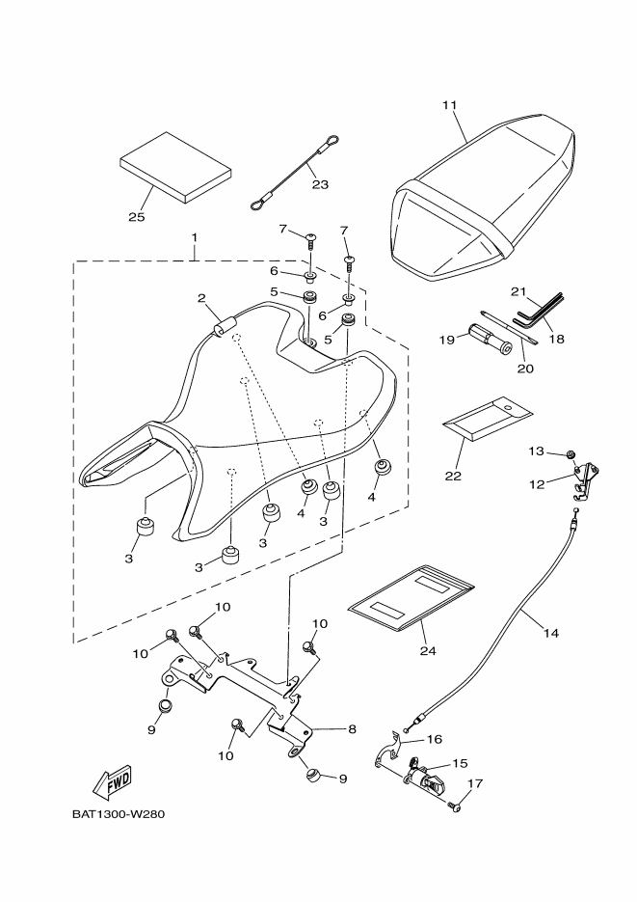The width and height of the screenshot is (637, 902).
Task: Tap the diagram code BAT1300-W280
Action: (x=119, y=813)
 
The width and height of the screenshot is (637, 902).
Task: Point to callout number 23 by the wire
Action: (x=320, y=184)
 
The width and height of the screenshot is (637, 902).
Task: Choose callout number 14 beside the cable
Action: (x=550, y=634)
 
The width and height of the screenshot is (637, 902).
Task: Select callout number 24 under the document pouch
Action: (x=427, y=649)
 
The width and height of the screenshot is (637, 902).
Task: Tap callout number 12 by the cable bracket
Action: (x=537, y=482)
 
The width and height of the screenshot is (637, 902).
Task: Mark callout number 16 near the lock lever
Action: (x=434, y=739)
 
